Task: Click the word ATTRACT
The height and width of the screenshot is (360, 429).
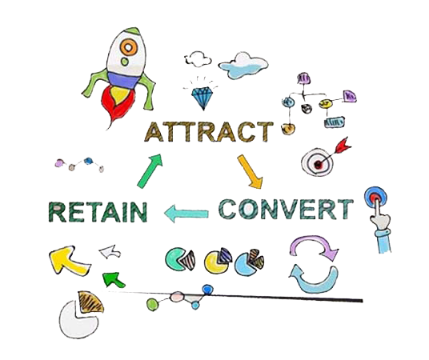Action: [209, 132]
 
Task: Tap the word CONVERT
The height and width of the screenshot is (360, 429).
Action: [287, 209]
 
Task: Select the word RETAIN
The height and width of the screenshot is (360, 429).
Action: [98, 212]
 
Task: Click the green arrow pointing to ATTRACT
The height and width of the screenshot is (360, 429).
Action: [150, 171]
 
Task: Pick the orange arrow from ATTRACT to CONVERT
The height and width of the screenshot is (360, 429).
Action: [250, 172]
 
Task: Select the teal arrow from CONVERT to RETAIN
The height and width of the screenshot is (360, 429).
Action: [186, 214]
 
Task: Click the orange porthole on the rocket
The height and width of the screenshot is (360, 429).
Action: [128, 47]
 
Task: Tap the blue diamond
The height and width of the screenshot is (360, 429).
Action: [202, 98]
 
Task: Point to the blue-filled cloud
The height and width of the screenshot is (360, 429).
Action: [243, 66]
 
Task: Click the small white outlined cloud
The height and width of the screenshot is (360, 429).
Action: [198, 59]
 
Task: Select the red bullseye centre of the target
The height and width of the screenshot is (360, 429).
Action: [318, 164]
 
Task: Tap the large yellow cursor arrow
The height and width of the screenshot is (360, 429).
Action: [69, 260]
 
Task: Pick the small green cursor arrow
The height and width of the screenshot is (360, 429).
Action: [114, 279]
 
